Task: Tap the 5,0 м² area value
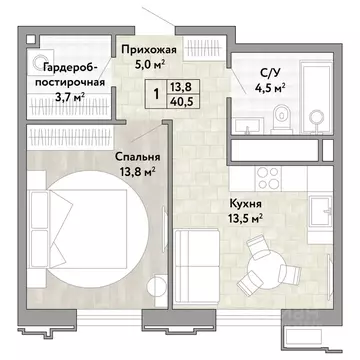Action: (150, 64)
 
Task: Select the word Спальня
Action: (138, 156)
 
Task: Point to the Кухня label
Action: (245, 204)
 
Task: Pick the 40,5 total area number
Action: (182, 100)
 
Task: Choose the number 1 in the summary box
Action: (156, 94)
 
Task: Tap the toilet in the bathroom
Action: (282, 117)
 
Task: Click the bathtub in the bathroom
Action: (316, 97)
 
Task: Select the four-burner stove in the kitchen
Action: (268, 178)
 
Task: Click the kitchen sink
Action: (320, 211)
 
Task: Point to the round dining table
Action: (267, 268)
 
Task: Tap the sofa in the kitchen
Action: (197, 266)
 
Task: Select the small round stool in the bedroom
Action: (157, 285)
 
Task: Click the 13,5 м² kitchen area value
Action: (245, 218)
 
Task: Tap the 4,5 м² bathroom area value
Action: (269, 87)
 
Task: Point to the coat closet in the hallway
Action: (203, 50)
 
